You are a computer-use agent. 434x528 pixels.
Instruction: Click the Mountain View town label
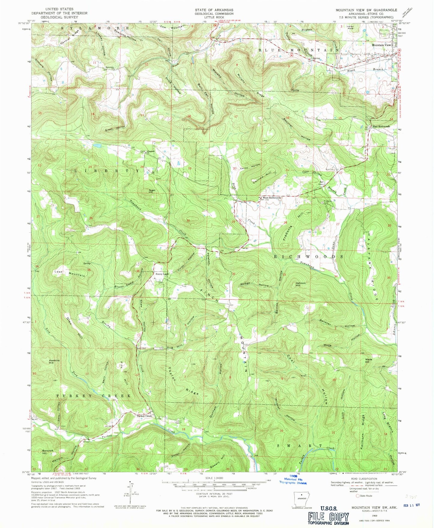[x=381, y=45]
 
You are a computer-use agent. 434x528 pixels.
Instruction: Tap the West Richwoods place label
[x=272, y=198]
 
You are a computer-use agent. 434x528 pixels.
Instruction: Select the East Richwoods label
[x=381, y=127]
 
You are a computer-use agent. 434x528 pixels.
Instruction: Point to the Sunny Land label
[x=162, y=274]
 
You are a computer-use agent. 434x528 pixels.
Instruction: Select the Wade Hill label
[x=369, y=361]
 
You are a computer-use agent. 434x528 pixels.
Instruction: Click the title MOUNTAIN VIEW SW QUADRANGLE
[x=366, y=10]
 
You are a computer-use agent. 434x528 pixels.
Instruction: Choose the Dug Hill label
[x=175, y=348]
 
